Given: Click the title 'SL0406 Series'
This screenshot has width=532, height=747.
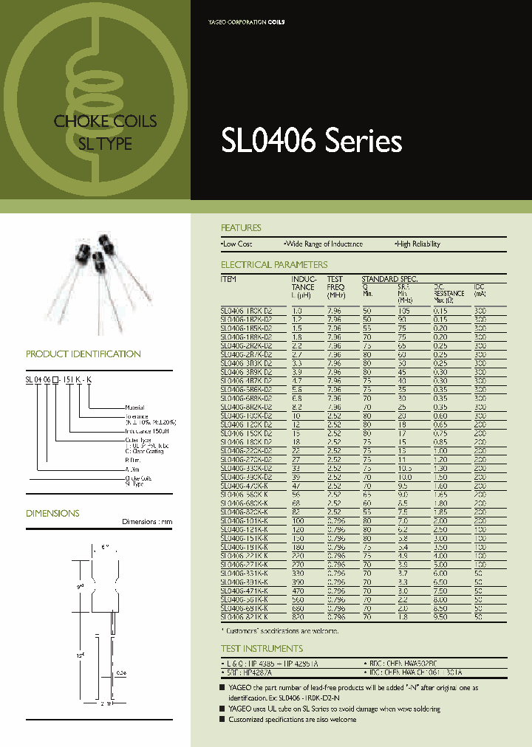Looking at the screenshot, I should coord(311,141).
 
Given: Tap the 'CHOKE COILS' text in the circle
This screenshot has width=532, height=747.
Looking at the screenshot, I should coord(106,121).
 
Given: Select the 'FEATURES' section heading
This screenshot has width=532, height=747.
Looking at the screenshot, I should coord(241,228).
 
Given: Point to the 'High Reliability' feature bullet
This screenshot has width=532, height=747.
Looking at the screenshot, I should coord(417,244).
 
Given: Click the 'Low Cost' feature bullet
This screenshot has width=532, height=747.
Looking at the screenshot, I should coord(236,244).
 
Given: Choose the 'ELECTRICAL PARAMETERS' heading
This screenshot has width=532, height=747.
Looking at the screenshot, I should coord(274,265).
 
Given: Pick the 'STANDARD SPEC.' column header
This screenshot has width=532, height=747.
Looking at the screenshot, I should coord(389,279).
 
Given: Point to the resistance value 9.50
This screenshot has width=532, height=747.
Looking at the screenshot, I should coord(440,616).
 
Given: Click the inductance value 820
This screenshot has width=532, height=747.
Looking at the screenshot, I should coord(299,616).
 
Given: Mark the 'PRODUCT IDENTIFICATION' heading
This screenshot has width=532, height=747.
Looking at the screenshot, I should coord(83,354).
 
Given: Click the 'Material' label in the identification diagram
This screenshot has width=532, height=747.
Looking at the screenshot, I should coord(134,407).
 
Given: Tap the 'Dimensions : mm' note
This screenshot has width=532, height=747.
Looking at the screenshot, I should coord(147,523).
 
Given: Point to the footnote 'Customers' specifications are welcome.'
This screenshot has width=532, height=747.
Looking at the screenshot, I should coord(282,631).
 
